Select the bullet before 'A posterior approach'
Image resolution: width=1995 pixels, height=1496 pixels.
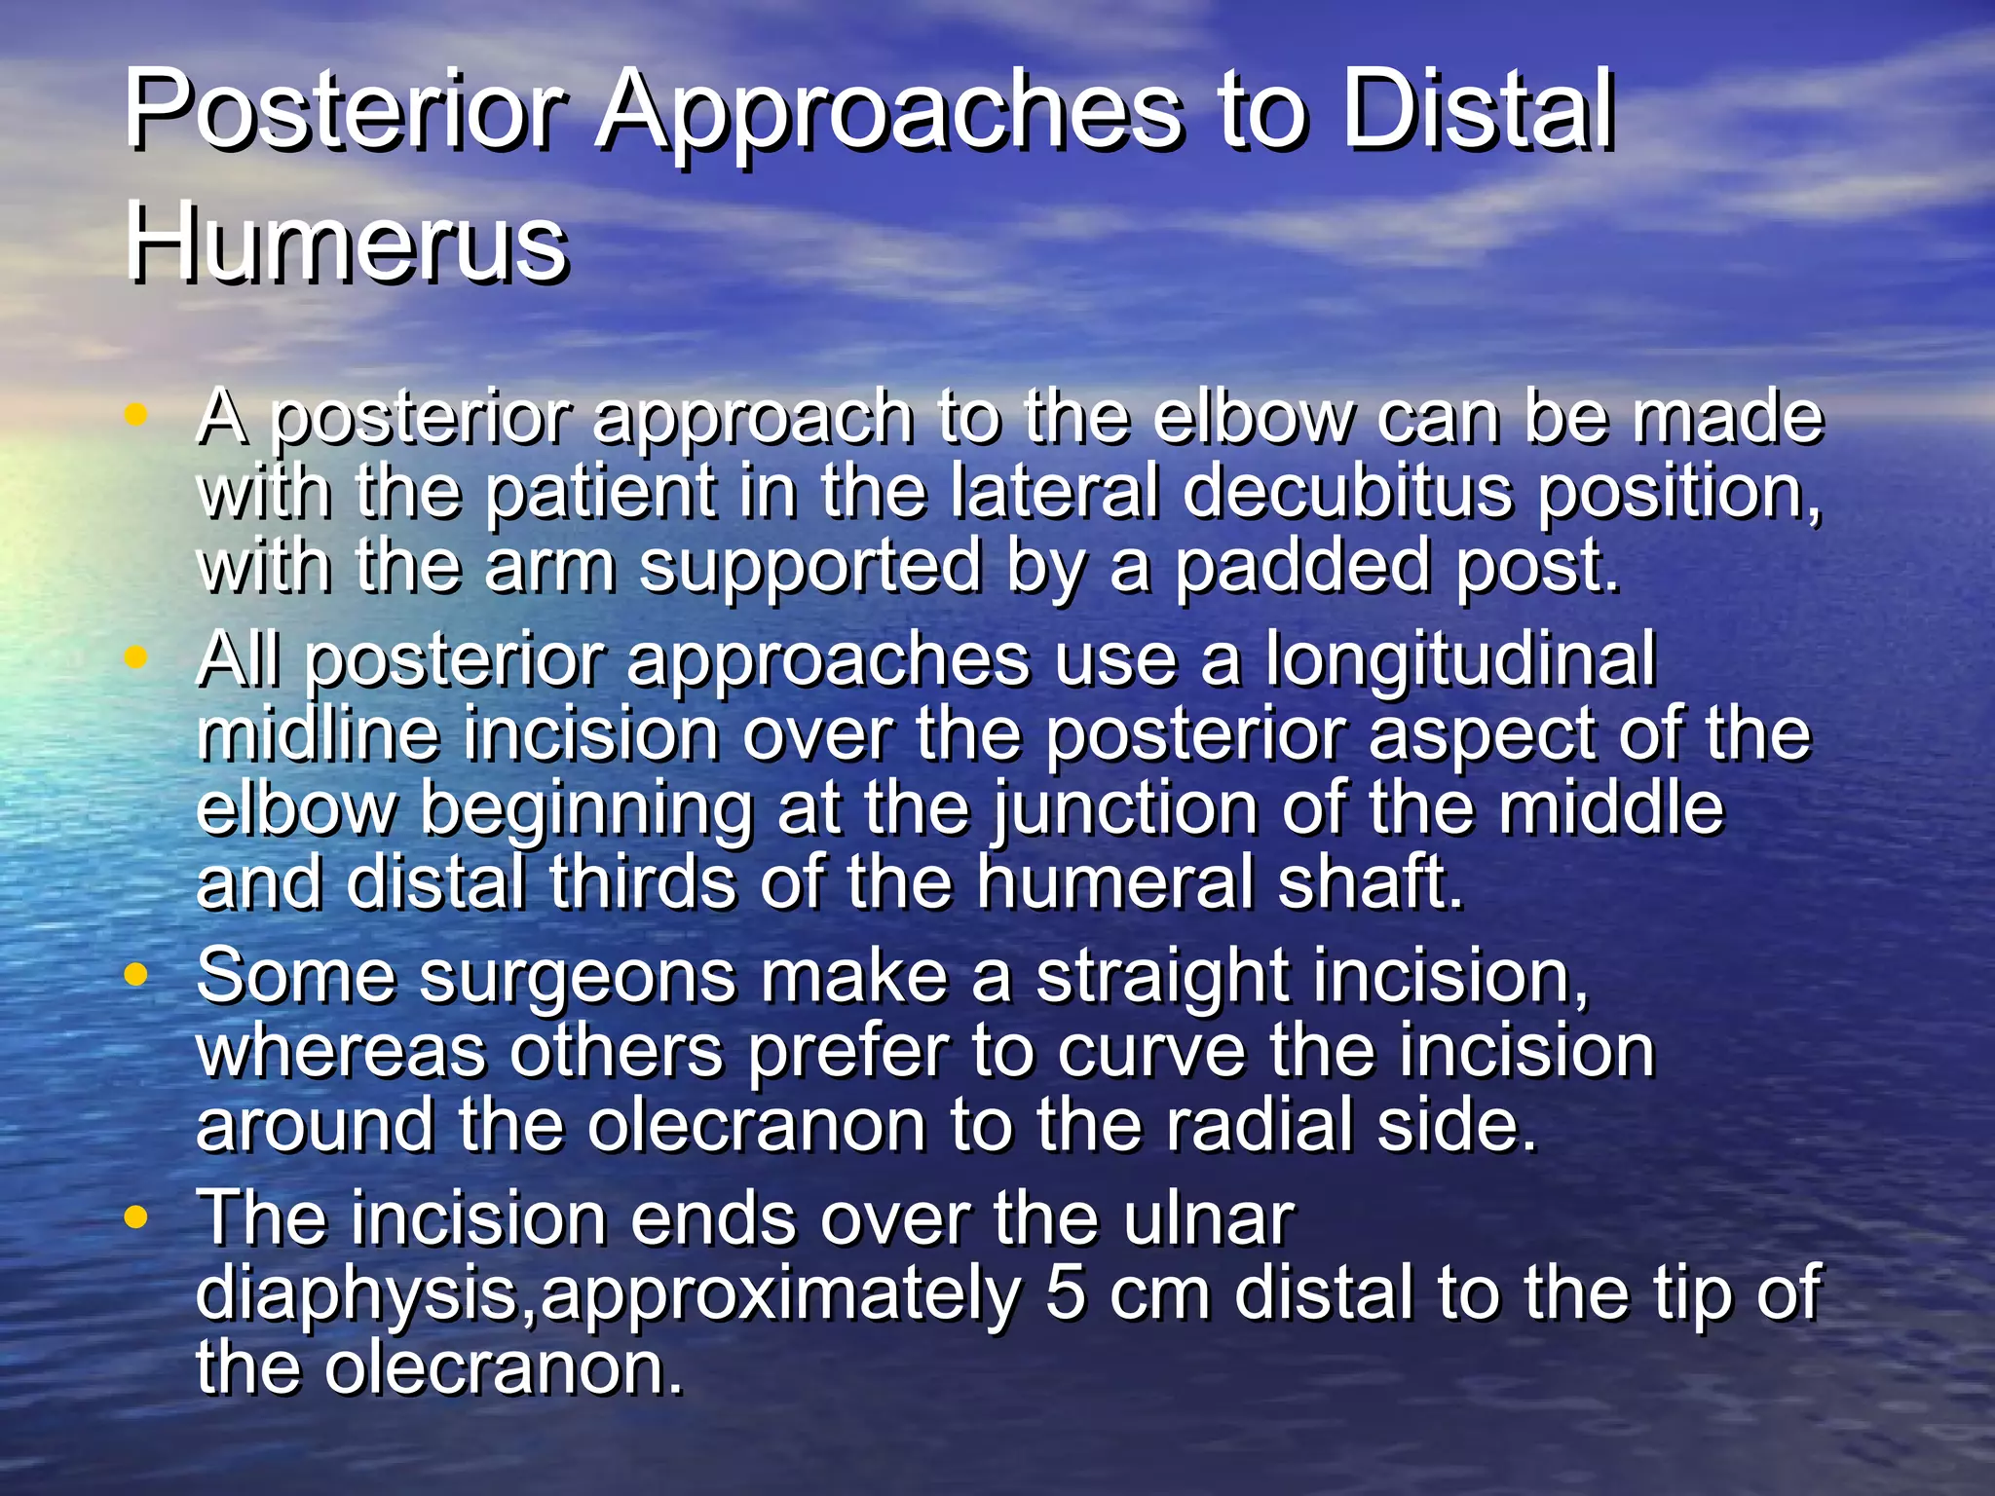136,415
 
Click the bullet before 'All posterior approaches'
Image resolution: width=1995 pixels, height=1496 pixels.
136,657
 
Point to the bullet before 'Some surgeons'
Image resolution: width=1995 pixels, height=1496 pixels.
136,973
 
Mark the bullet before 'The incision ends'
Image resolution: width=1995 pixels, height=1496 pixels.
136,1216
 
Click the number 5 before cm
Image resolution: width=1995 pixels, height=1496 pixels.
1065,1292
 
